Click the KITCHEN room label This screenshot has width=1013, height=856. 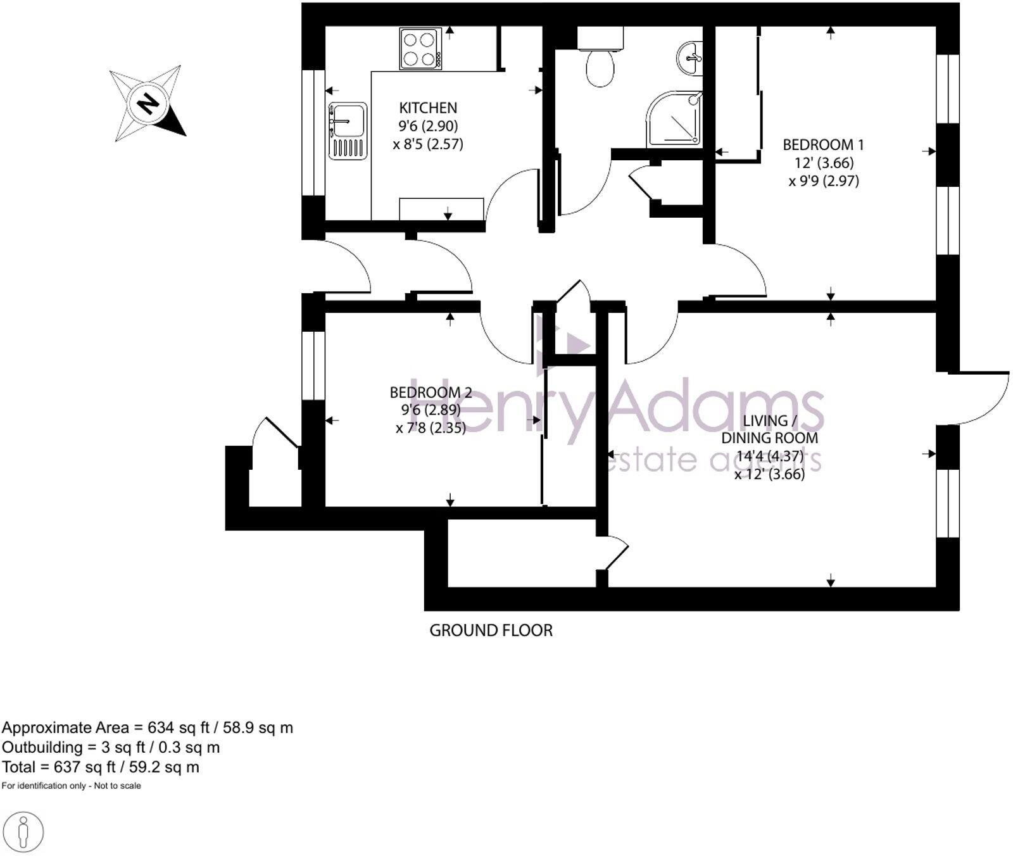click(427, 108)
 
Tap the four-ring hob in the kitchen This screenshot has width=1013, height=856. click(420, 49)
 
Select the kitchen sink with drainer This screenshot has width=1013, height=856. click(348, 131)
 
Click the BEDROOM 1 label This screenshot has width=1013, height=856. click(823, 145)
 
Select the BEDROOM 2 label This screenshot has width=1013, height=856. click(431, 393)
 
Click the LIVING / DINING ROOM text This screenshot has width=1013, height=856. click(769, 429)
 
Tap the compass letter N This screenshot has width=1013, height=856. click(148, 103)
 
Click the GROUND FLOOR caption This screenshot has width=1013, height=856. click(491, 631)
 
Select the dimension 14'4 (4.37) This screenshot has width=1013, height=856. click(770, 456)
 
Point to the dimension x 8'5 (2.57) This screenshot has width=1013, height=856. click(428, 144)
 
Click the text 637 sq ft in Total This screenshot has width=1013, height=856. click(79, 767)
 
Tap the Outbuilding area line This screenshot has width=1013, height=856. click(111, 748)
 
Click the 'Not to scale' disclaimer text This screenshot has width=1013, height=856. click(117, 786)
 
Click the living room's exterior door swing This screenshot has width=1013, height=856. click(981, 399)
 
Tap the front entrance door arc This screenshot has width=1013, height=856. click(345, 266)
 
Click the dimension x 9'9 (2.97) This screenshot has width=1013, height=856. click(823, 182)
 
